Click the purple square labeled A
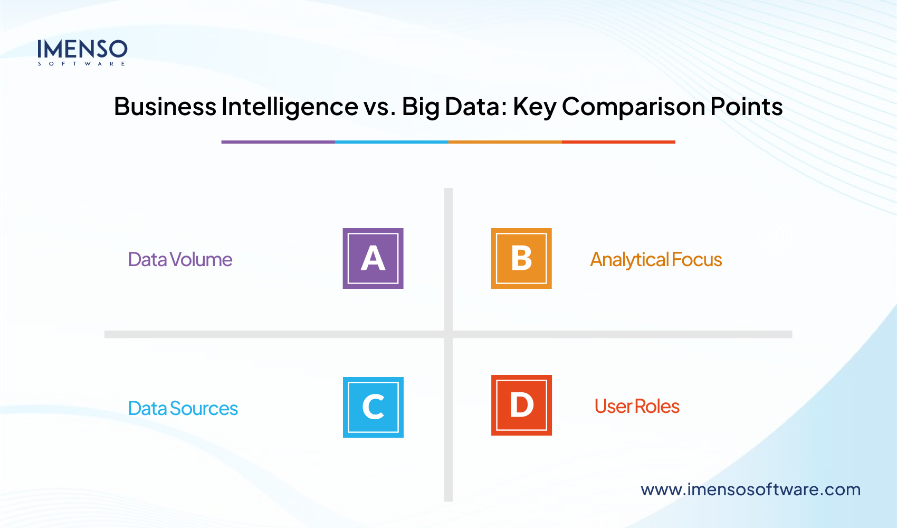tap(373, 258)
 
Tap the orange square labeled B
tap(521, 258)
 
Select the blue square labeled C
tap(373, 407)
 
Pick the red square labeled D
tap(521, 405)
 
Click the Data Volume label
tap(180, 260)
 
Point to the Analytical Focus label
tap(656, 260)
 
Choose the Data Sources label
tap(183, 409)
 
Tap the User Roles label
tap(637, 407)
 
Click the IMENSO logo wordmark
tap(82, 49)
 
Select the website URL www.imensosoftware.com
tap(750, 489)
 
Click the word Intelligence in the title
tap(290, 107)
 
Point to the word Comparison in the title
tap(633, 107)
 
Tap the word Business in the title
tap(165, 107)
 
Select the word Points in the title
tap(746, 107)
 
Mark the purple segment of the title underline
tap(278, 142)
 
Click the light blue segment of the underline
tap(392, 142)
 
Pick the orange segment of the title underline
tap(505, 142)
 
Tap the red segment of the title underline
tap(618, 142)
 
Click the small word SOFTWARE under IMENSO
tap(82, 64)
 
